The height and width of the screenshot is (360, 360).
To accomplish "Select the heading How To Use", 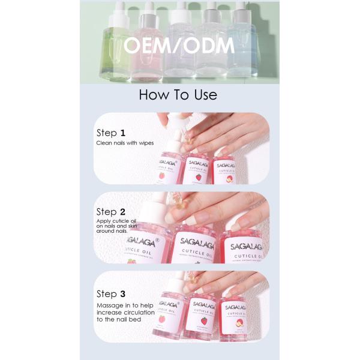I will coord(178,94).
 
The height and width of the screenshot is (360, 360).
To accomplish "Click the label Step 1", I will coord(111,133).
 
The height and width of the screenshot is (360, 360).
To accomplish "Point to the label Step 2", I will coord(111,212).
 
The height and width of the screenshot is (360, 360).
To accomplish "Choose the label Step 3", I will coord(111,293).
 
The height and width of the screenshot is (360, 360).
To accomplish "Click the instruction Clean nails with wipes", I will coord(125,143).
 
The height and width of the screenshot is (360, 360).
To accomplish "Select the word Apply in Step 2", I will coord(104,222).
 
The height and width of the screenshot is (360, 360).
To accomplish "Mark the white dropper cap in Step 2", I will coord(159,204).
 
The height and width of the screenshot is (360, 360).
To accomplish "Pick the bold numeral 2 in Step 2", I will coord(122,212).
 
